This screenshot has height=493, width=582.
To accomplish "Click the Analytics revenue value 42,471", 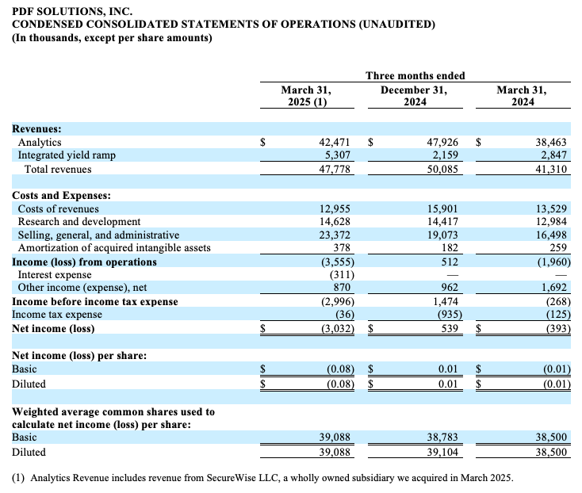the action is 335,142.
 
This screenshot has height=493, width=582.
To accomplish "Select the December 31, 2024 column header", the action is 414,96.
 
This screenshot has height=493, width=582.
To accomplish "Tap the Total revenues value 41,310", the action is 551,169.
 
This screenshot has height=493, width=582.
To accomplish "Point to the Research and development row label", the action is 79,221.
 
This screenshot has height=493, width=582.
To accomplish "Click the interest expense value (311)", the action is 342,275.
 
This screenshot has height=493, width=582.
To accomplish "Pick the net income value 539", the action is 450,329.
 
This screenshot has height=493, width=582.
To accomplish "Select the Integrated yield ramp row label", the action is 67,155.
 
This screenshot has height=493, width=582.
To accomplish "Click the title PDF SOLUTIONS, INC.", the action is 72,11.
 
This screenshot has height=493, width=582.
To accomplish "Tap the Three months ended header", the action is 415,75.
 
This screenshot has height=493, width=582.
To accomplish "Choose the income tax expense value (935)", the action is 450,315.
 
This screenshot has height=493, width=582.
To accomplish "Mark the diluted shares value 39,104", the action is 442,452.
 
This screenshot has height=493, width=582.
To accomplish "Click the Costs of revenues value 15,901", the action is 442,208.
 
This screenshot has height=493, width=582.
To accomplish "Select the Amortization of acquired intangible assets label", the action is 114,248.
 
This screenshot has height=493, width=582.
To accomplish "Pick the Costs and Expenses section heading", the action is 61,196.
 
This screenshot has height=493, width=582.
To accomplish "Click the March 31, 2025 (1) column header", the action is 307,96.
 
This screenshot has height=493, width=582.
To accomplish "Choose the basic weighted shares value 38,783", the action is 442,437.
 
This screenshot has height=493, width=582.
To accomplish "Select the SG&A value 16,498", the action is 551,235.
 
